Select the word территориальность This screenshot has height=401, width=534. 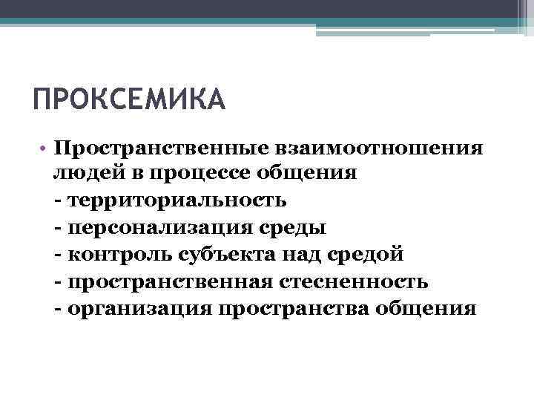coord(176,200)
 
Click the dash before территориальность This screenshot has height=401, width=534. coord(59,201)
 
